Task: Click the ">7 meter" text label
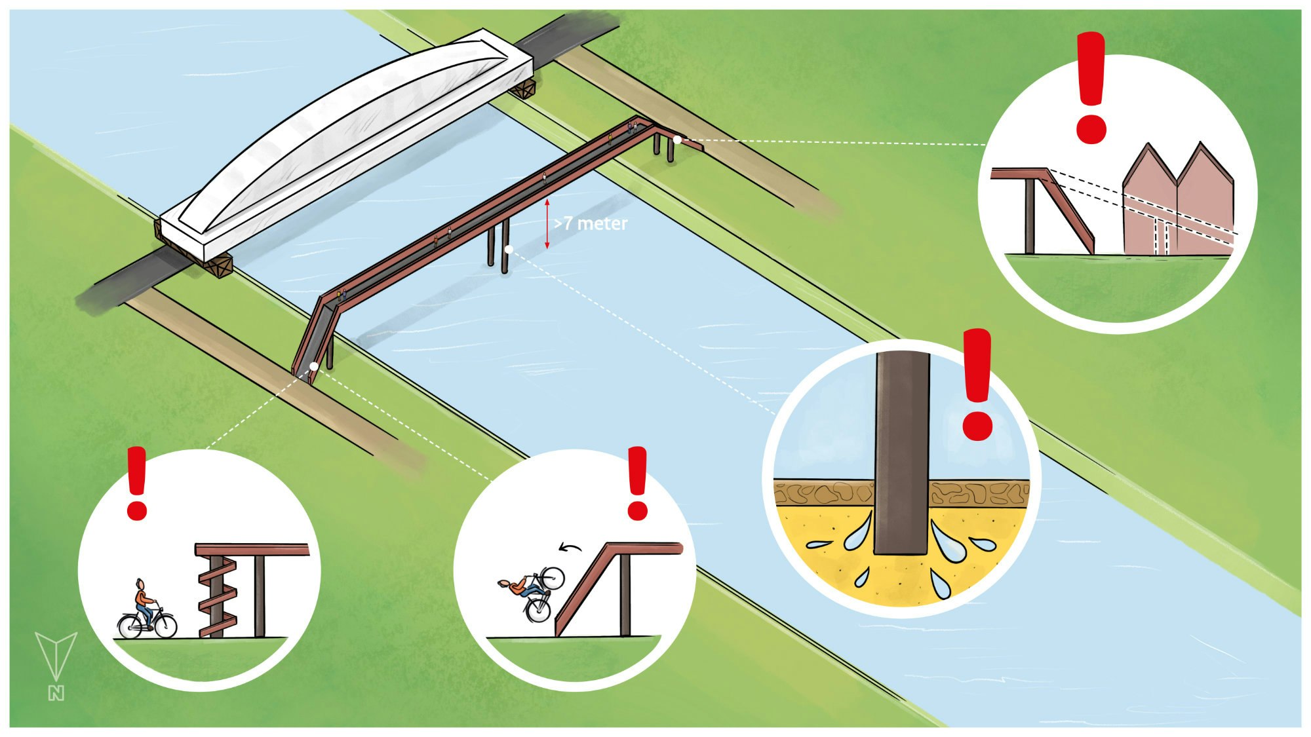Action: click(x=591, y=223)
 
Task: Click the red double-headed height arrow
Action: click(x=547, y=223)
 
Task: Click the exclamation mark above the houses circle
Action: click(x=1091, y=88)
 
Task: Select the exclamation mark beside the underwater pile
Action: click(x=977, y=384)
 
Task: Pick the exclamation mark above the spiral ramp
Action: click(x=137, y=483)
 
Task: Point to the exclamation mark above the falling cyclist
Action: click(x=637, y=483)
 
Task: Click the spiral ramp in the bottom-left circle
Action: click(x=218, y=596)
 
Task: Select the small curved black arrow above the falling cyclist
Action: click(x=570, y=547)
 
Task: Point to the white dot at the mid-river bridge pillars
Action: click(x=508, y=250)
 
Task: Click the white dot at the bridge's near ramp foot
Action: click(x=314, y=366)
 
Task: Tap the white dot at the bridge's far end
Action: click(x=677, y=140)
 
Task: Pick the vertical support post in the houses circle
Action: click(x=1030, y=216)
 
